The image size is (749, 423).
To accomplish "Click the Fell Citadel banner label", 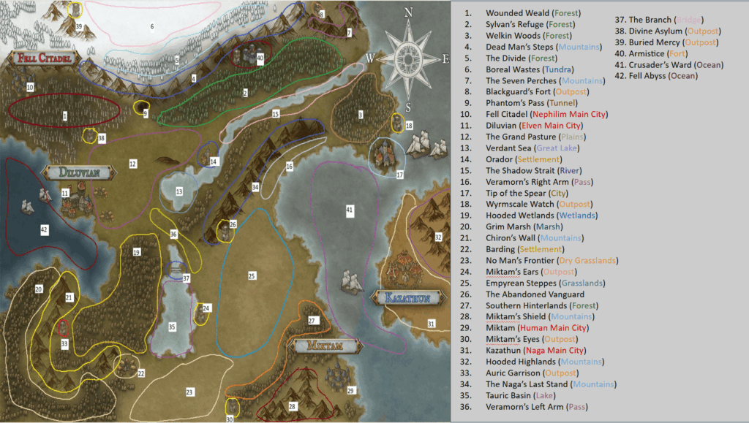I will [41, 57].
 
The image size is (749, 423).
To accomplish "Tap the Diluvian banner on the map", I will [80, 172].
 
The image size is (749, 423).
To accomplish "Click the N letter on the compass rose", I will [409, 12].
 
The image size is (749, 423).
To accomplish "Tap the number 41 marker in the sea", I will [349, 210].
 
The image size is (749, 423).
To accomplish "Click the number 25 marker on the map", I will [252, 276].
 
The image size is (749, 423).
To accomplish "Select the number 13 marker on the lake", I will [178, 191].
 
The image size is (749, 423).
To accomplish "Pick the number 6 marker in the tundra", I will [152, 27].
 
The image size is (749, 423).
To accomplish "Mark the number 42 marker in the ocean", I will [44, 229].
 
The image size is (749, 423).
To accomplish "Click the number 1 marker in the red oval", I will [65, 115].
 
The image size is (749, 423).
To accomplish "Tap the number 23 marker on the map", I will [189, 392].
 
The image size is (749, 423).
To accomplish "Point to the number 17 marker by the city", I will [399, 175].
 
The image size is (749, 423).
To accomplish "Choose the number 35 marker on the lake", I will [172, 327].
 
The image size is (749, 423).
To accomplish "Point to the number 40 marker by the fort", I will [260, 58].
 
